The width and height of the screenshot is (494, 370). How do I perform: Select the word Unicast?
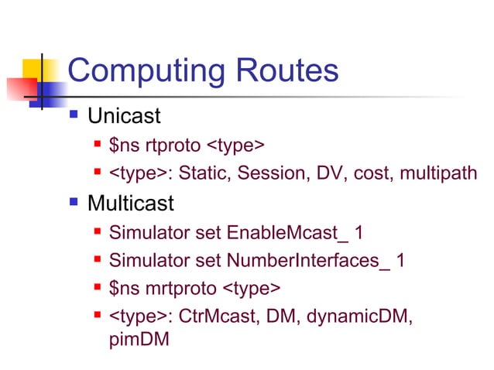124,117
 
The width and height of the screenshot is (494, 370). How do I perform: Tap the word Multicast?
131,204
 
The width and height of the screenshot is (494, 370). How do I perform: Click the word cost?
372,174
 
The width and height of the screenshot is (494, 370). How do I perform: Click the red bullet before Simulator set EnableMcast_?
98,232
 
